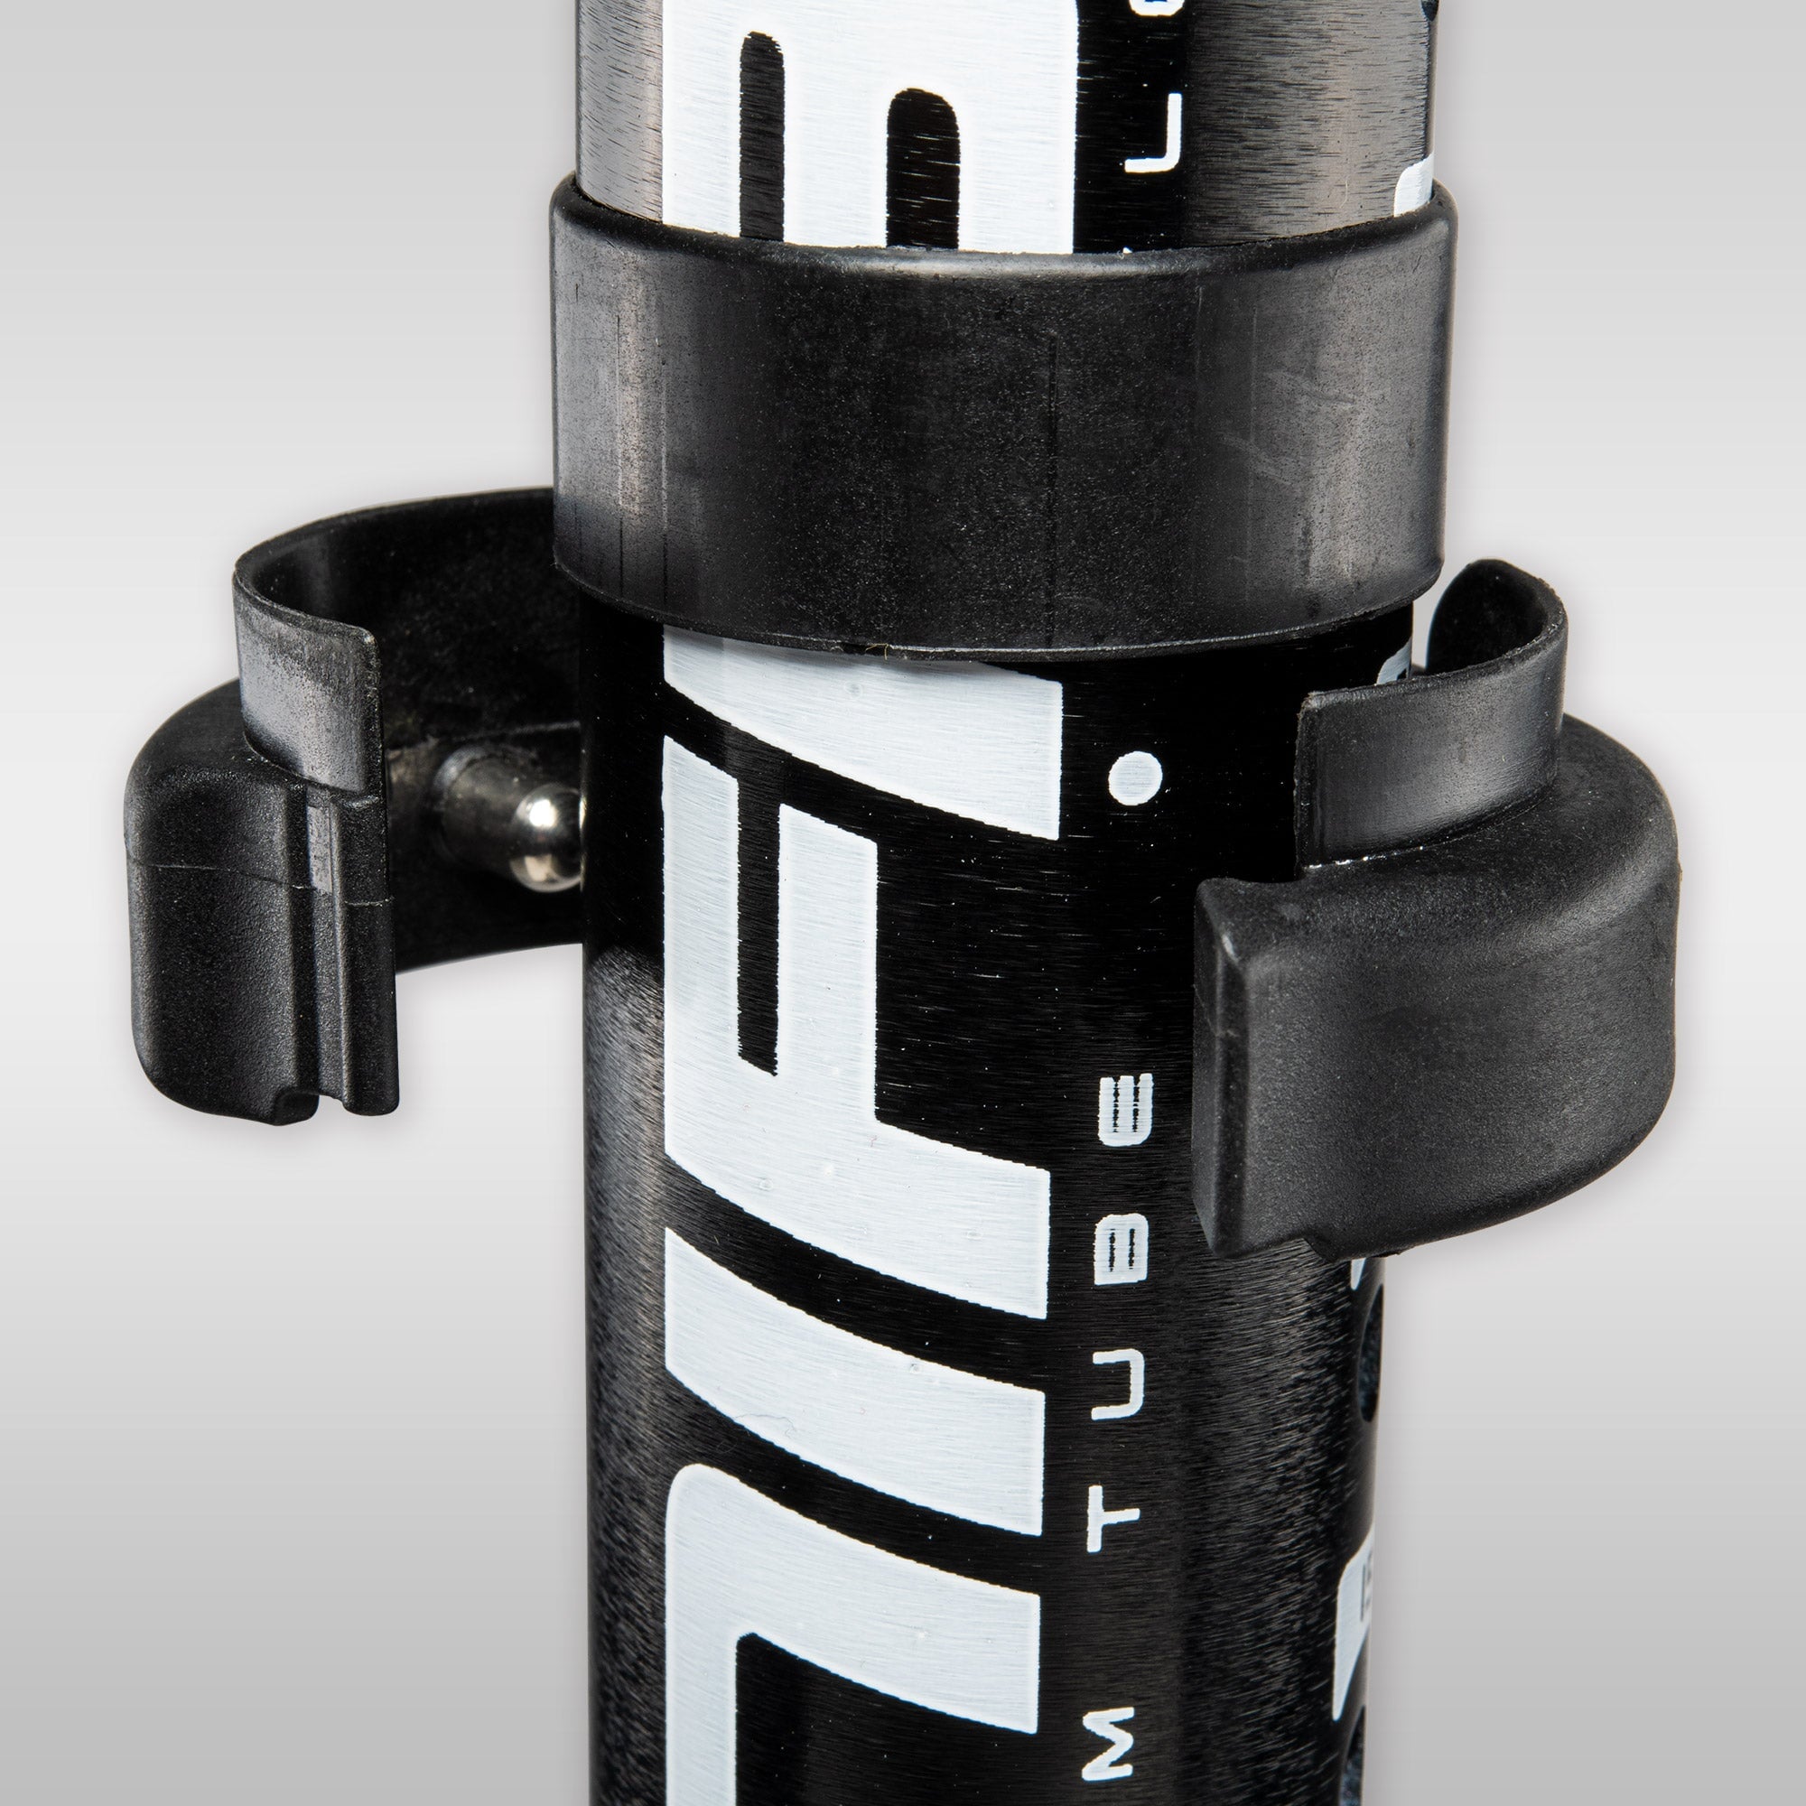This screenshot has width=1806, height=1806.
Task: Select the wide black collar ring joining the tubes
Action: (1001, 421)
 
